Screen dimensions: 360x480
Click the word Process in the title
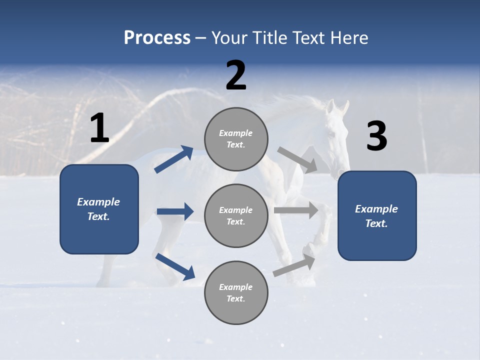pos(157,38)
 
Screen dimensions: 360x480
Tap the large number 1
pos(99,129)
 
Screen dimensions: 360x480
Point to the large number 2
pos(236,75)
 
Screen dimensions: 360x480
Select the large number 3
pos(377,136)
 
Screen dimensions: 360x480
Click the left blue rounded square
pos(99,209)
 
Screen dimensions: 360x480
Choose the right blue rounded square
pos(377,215)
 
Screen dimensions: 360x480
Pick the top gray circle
pos(236,139)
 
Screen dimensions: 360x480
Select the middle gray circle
pos(236,215)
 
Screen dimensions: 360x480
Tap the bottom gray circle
pos(236,292)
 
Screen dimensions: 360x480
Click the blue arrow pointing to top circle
pos(173,159)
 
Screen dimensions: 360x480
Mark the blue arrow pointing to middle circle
pos(175,211)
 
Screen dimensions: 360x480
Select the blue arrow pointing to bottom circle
pos(175,266)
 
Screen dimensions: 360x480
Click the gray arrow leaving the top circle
pos(297,159)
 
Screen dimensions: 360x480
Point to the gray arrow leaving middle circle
pos(296,210)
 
